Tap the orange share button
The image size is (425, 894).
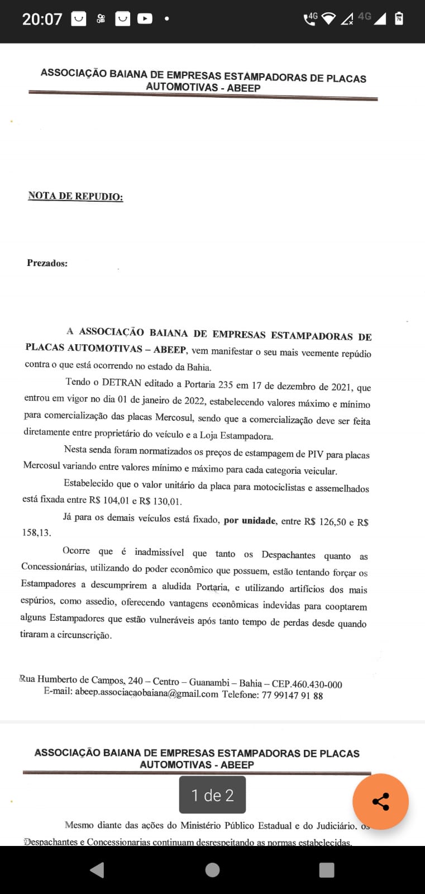[x=380, y=801]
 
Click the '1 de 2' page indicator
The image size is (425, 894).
[x=212, y=795]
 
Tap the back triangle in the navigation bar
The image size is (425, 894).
[x=97, y=869]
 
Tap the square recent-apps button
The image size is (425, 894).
[x=326, y=869]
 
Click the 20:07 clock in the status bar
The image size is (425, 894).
[x=42, y=19]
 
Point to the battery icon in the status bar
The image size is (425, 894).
[x=399, y=18]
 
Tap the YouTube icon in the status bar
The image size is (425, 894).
[x=145, y=19]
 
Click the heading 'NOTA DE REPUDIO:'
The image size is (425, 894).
[x=75, y=196]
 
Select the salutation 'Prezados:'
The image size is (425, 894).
[x=47, y=263]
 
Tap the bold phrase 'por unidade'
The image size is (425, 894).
[x=250, y=521]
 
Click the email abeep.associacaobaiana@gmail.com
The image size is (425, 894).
[x=146, y=694]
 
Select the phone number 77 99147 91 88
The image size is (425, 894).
[x=292, y=696]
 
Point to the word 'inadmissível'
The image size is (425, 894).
[x=159, y=553]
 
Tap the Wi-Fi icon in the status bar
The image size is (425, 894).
[x=328, y=18]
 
